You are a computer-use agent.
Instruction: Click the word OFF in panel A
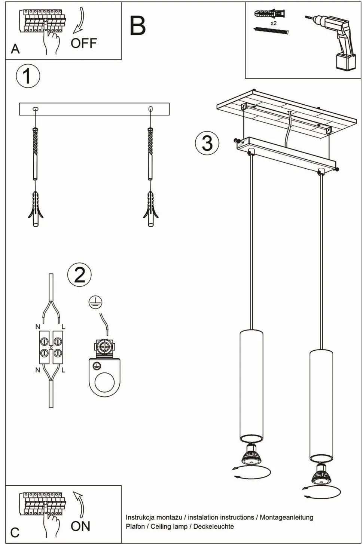point(83,43)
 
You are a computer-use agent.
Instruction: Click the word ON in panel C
point(80,526)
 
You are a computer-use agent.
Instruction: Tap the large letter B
point(137,26)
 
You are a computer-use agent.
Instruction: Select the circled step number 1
point(28,76)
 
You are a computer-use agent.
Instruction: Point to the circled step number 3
point(207,143)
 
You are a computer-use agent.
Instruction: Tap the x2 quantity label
point(274,23)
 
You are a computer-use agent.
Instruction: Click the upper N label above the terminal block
point(37,327)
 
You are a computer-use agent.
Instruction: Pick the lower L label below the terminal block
point(63,370)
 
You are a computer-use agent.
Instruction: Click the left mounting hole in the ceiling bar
point(36,109)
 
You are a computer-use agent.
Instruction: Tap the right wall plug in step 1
point(150,209)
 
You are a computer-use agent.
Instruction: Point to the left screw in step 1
point(36,151)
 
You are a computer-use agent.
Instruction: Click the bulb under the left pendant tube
point(251,454)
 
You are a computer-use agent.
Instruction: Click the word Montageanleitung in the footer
point(286,517)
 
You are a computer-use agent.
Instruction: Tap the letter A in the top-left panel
point(15,49)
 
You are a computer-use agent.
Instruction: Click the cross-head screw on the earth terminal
point(104,347)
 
